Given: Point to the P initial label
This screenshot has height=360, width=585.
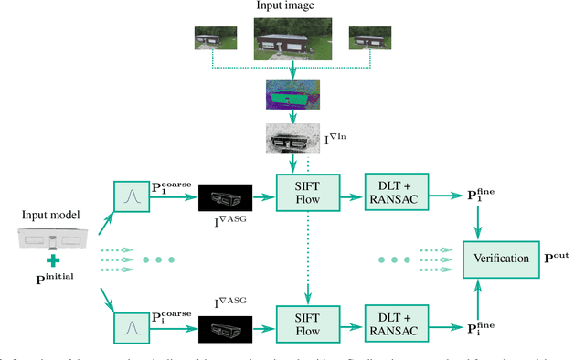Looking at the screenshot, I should tap(55, 276).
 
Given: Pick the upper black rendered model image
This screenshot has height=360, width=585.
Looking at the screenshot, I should tap(223, 196).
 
